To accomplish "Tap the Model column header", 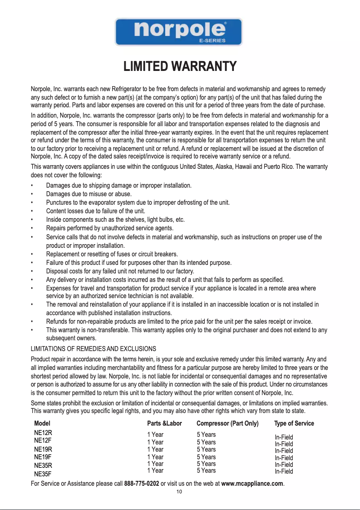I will [x=42, y=423].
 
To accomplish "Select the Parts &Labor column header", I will [x=164, y=423].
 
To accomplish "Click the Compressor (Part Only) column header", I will [x=228, y=423].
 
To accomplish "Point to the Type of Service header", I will [x=294, y=423].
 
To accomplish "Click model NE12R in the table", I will [x=43, y=433].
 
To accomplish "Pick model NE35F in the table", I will [x=43, y=473].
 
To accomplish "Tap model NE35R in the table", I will [x=43, y=465].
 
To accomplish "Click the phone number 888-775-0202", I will [x=141, y=484].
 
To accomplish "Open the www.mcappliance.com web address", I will [x=252, y=484].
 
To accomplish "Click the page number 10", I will [x=179, y=492].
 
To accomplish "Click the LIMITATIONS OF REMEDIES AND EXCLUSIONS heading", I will [x=93, y=348].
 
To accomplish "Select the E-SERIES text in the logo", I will [x=212, y=40].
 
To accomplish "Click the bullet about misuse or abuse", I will [x=89, y=194].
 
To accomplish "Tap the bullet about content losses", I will [x=97, y=211].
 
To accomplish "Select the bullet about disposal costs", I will [x=120, y=271].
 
